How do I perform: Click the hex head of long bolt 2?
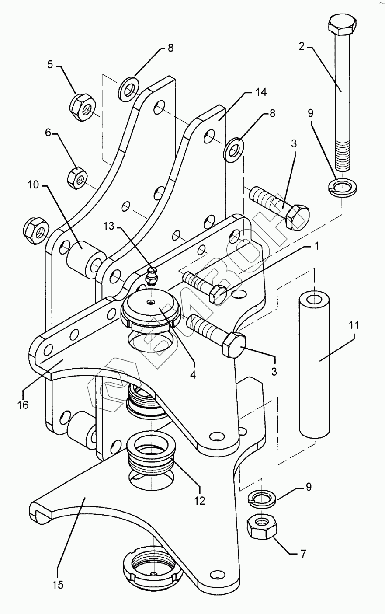click(342, 26)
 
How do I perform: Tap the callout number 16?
click(23, 405)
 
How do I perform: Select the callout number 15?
click(58, 584)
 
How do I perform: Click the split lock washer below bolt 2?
click(342, 188)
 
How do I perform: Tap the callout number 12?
click(200, 501)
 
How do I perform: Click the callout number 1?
click(316, 246)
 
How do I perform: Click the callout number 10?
click(33, 185)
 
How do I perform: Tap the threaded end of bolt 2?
click(343, 155)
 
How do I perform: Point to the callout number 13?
click(109, 227)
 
